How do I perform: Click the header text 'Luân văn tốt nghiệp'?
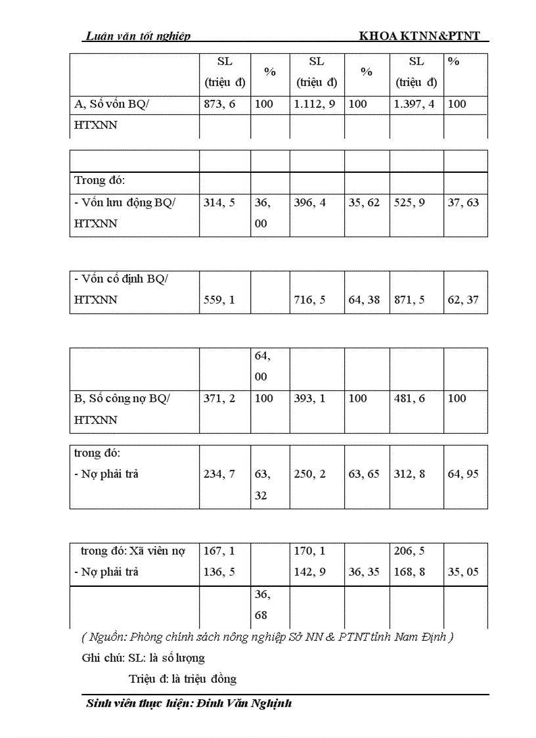[x=139, y=37]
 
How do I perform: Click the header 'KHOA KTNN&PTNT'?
[x=424, y=37]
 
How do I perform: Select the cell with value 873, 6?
[x=219, y=104]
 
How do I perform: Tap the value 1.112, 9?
[x=317, y=104]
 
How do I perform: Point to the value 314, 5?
[x=219, y=202]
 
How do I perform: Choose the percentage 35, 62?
[x=365, y=202]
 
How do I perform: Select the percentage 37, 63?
[x=463, y=202]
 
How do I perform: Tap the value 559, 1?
[x=219, y=300]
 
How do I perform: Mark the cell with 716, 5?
[x=310, y=300]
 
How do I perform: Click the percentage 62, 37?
[x=463, y=300]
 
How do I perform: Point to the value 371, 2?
[x=219, y=398]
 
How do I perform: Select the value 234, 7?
[x=219, y=474]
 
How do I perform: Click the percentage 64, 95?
[x=463, y=474]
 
